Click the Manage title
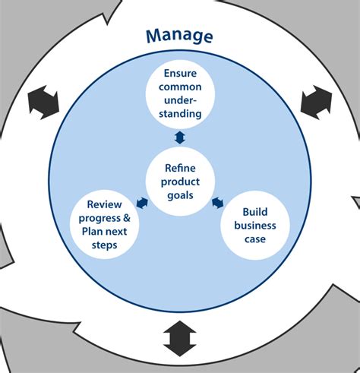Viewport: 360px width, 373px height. (179, 36)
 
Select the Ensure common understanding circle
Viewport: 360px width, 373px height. (180, 93)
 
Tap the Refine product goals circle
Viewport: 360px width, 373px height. (179, 181)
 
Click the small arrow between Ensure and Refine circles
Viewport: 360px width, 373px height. (180, 137)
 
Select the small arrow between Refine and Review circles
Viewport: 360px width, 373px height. (141, 202)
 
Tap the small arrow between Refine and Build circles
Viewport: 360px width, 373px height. (217, 202)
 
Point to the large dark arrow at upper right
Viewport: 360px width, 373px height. (316, 102)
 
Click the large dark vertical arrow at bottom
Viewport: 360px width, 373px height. (180, 337)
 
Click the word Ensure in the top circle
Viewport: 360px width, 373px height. (180, 74)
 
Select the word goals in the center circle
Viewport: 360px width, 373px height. (180, 194)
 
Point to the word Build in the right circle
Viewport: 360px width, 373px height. (255, 211)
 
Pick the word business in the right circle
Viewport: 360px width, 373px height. (255, 225)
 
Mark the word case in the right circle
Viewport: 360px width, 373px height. (255, 239)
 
